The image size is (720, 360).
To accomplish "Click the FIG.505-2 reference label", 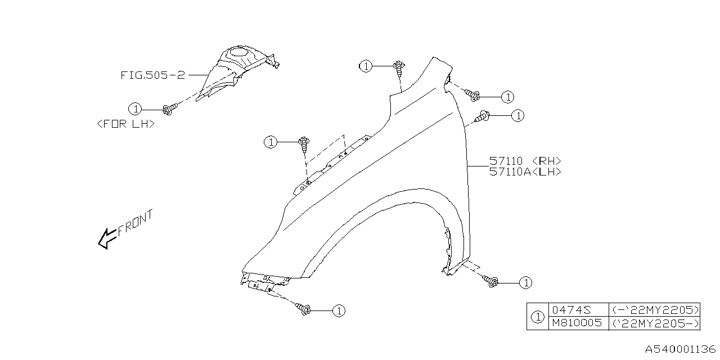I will (x=152, y=75).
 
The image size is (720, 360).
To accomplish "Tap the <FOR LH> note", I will (x=125, y=124).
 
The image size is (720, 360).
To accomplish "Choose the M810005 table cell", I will (x=577, y=323).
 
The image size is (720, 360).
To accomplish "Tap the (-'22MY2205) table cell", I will (x=654, y=310).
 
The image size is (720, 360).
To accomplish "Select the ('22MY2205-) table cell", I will (x=654, y=323).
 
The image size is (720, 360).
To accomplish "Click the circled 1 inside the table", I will (x=538, y=317).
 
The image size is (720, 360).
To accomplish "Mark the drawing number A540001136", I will (x=679, y=350).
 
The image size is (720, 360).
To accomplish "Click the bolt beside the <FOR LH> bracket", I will (x=168, y=108).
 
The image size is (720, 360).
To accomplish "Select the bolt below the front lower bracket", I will (x=305, y=308).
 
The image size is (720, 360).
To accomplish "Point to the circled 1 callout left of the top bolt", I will (x=366, y=66).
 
